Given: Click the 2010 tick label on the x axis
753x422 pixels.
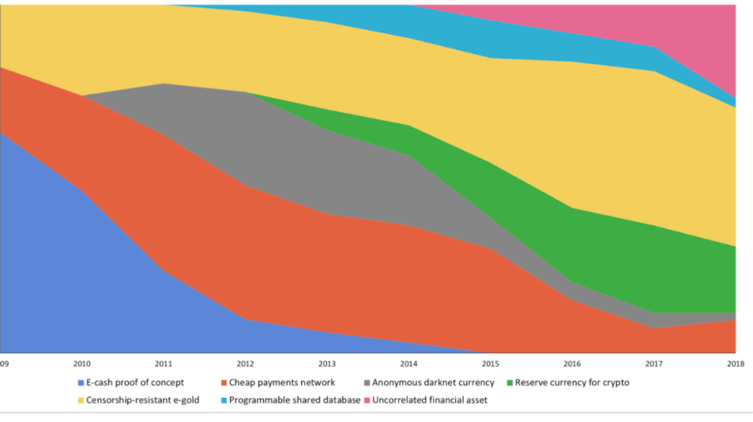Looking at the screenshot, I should tap(82, 364).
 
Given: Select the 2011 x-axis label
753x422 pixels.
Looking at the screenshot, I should tap(164, 364).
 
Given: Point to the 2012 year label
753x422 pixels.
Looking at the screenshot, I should tap(245, 364).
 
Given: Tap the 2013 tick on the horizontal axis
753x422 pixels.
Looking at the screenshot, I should tap(327, 364).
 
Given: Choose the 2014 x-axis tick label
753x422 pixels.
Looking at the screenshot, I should tap(409, 364).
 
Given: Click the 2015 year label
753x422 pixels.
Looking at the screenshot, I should tap(490, 364).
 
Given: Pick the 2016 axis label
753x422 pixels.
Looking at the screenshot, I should tap(572, 364).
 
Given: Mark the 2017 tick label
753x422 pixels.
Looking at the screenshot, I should tap(653, 364).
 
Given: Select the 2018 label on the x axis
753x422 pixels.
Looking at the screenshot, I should tap(735, 364).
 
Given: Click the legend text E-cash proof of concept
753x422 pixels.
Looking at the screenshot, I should tap(135, 382).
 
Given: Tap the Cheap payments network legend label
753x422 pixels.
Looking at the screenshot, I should tap(282, 382).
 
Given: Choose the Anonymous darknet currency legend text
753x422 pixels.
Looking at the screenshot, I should tap(433, 382).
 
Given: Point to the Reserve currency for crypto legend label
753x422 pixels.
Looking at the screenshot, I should tap(572, 382).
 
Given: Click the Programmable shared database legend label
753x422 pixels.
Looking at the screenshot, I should tap(294, 400).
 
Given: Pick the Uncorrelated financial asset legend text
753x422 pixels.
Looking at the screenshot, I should tap(430, 400).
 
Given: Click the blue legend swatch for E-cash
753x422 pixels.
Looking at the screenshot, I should tap(81, 382).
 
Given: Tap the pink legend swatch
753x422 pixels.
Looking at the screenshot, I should tap(367, 400).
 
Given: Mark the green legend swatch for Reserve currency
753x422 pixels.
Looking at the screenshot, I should tap(509, 382).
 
